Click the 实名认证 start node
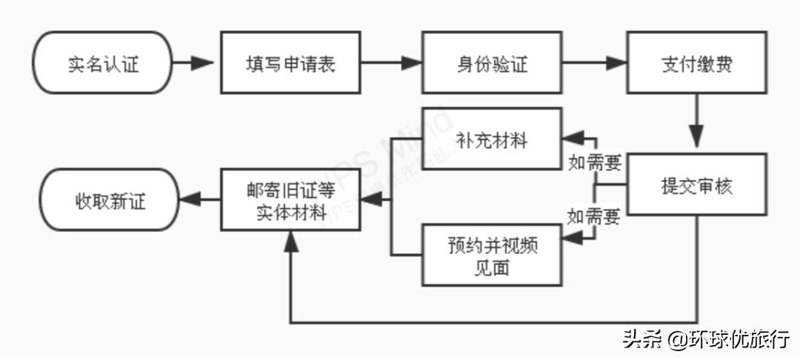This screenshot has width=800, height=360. click(103, 63)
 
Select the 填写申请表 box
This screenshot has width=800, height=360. click(290, 63)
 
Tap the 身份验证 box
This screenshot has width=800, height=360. click(492, 63)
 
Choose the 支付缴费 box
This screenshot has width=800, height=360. click(696, 63)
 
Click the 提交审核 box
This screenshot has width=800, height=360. click(696, 184)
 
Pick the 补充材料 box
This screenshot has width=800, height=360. click(492, 139)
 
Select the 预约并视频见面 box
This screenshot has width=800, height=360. click(492, 256)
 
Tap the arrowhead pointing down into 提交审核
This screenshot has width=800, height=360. click(696, 140)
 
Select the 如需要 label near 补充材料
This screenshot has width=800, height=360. click(594, 162)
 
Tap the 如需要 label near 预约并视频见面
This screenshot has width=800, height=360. click(594, 217)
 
